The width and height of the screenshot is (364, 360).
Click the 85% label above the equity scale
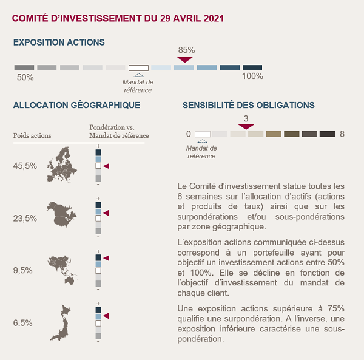click(186, 50)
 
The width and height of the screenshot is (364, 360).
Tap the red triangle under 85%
click(185, 59)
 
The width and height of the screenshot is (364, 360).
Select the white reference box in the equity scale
click(138, 68)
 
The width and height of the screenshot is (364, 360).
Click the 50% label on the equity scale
click(25, 77)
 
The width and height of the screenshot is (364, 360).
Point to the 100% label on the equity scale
click(252, 76)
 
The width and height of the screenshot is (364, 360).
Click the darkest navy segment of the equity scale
click(252, 67)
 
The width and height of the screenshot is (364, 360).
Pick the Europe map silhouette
click(62, 165)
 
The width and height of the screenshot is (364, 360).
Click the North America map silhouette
click(61, 214)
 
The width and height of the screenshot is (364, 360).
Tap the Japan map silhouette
click(61, 322)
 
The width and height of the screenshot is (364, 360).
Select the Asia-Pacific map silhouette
click(62, 270)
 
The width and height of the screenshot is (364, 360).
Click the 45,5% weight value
click(25, 166)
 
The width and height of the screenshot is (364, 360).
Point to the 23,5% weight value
click(25, 219)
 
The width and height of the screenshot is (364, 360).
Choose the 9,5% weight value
click(22, 270)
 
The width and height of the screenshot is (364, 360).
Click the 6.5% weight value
click(22, 323)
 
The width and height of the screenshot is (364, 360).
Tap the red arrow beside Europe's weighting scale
click(106, 166)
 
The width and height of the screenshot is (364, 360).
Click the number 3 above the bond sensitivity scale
click(246, 118)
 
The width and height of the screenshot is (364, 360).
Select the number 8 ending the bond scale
click(342, 134)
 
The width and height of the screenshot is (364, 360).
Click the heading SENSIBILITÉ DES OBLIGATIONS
click(249, 105)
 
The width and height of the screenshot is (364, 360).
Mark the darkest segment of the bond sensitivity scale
click(327, 134)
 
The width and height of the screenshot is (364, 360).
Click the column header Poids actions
click(32, 135)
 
